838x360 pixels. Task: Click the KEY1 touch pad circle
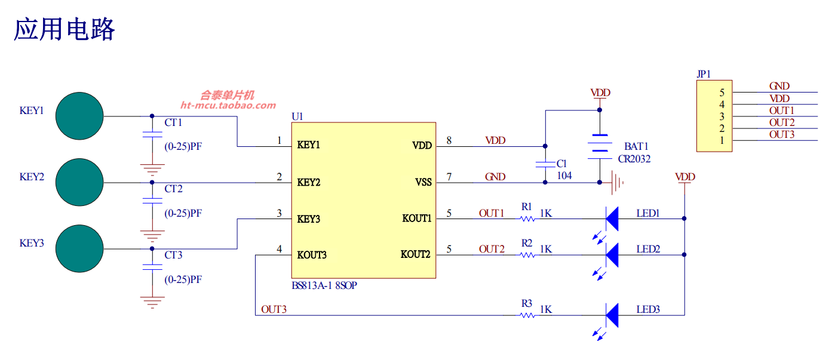(79, 116)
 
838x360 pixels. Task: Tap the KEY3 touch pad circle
(79, 248)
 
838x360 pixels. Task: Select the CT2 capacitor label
(173, 189)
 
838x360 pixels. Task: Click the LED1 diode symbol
(612, 219)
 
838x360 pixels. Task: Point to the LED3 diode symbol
(612, 315)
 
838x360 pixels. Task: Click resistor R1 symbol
(527, 219)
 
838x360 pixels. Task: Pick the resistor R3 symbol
(527, 315)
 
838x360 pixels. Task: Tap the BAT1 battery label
(636, 146)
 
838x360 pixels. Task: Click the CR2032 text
(634, 159)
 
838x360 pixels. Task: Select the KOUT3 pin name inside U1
(312, 255)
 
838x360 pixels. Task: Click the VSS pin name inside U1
(423, 182)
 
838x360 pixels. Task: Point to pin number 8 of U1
(449, 140)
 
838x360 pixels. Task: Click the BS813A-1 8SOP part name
(324, 286)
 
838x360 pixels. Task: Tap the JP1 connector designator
(703, 75)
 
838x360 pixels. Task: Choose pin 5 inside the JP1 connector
(722, 93)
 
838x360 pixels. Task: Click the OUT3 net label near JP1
(781, 134)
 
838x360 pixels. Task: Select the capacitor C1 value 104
(564, 176)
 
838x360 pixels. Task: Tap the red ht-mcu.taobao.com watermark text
(228, 106)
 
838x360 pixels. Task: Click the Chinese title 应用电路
(64, 29)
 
